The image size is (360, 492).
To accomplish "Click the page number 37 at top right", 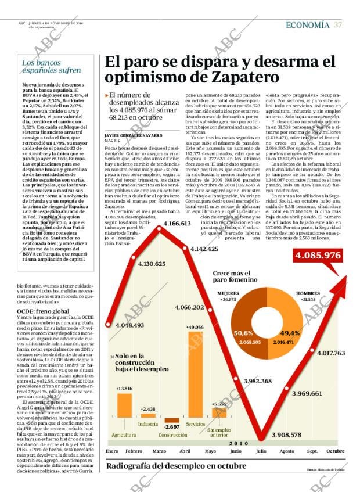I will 337,24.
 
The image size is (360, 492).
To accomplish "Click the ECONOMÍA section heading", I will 307,24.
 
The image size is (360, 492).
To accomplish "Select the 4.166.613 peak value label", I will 177,224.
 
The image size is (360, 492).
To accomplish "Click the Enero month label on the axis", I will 113,451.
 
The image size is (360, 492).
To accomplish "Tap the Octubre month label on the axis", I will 335,451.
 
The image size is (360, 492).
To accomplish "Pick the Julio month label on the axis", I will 261,451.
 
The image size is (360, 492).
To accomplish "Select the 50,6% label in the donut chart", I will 243,333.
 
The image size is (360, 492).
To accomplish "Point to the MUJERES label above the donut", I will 228,293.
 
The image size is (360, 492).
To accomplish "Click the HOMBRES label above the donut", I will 308,293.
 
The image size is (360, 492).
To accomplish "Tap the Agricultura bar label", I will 124,434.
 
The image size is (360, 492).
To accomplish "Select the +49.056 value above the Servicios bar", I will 194,328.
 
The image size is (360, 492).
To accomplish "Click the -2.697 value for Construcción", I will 172,427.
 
